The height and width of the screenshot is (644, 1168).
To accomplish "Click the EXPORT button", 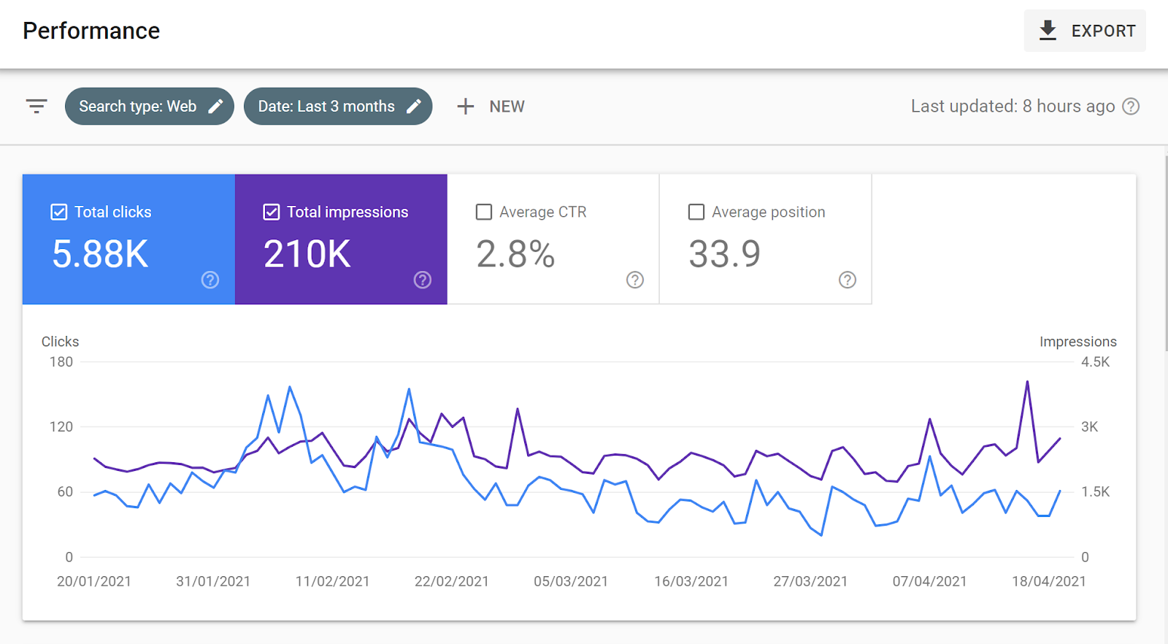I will pos(1085,31).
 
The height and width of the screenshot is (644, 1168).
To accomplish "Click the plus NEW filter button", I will pos(491,107).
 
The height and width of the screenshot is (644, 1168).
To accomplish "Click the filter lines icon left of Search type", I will pos(36,107).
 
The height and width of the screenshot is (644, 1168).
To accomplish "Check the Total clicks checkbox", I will pos(59,212).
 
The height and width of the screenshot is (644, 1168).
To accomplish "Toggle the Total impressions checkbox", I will pos(272,212).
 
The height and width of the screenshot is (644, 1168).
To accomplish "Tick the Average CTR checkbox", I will pos(484,212).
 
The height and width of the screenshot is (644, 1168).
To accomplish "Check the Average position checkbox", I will pos(696,212).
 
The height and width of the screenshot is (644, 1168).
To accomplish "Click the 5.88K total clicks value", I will pos(100,254).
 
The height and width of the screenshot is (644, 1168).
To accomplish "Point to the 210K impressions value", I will pos(307,254).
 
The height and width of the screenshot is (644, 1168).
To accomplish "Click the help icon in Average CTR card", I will pos(635,280).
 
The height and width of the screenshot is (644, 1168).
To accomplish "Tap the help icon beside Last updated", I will pos(1131,107).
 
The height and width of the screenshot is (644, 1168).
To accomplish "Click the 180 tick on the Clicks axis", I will pos(61,361).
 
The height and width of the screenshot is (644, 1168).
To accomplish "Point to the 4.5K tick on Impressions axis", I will pos(1095,361).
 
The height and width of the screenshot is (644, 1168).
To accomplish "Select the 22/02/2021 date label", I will pos(451,581).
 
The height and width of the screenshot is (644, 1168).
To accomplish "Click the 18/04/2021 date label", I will pos(1048,581).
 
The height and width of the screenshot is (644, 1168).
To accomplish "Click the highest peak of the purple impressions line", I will pos(1027,382).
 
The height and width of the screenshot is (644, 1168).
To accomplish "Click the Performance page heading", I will pos(91,31).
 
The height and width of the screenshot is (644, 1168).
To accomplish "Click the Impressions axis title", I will pos(1077,342).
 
